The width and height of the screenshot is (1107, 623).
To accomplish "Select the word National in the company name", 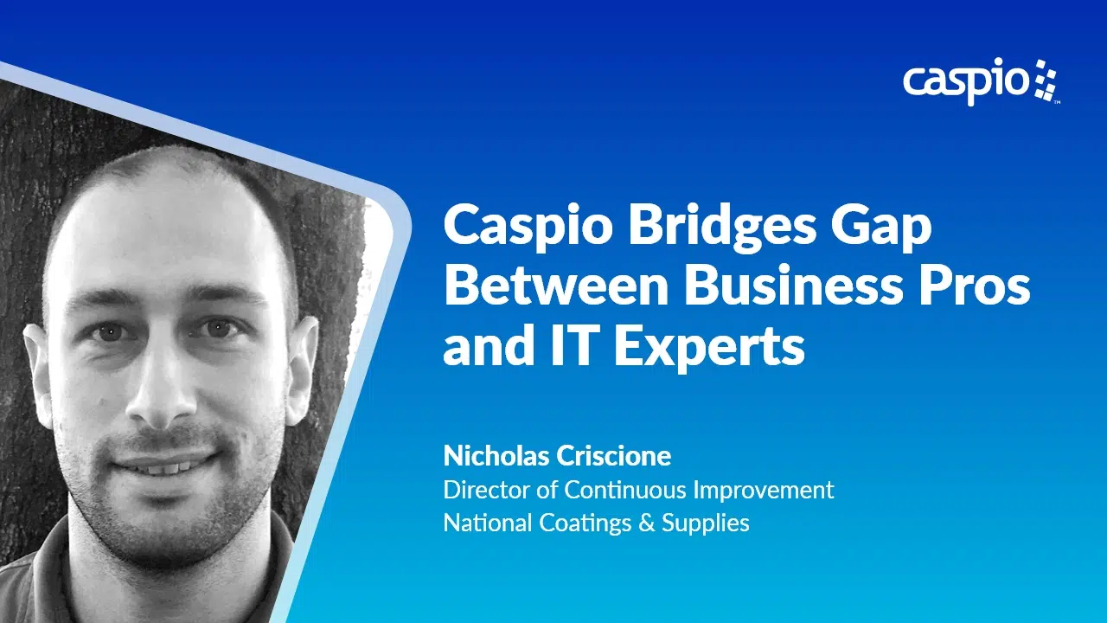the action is click(487, 523).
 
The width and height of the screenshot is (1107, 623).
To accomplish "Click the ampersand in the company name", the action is click(646, 523).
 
